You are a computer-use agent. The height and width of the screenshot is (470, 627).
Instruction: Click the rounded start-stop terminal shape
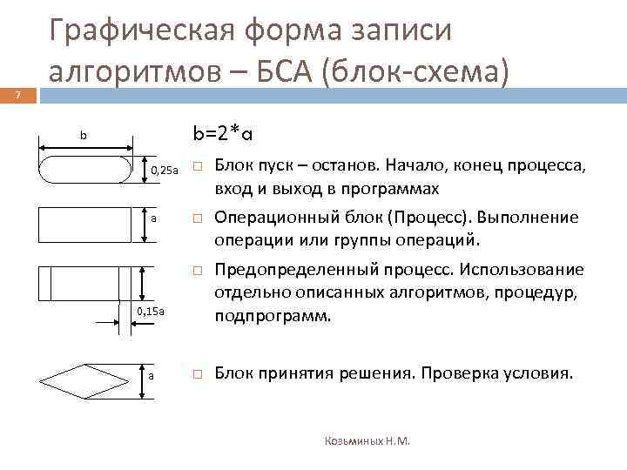[x=84, y=169]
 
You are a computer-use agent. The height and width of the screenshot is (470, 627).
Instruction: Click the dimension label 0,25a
[x=164, y=169]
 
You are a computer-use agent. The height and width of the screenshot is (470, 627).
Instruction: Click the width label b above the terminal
[x=84, y=136]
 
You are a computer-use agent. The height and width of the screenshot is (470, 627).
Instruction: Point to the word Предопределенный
[x=288, y=270]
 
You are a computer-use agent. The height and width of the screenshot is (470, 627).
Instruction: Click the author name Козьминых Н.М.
[x=367, y=441]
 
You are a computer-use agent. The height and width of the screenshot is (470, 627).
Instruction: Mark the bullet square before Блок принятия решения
[x=198, y=374]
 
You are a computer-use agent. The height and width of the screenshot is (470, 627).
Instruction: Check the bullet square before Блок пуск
[x=198, y=166]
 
